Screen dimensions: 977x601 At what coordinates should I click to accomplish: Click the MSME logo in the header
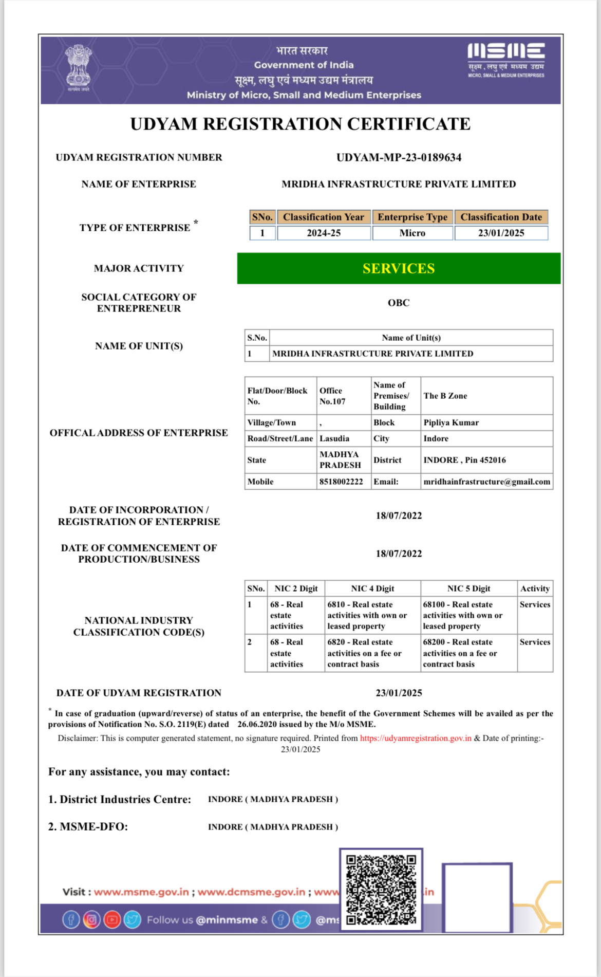point(506,60)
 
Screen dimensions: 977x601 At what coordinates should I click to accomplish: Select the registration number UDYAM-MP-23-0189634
point(399,158)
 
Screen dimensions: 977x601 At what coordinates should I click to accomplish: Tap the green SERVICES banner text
point(399,268)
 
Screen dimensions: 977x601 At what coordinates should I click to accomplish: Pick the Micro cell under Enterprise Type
point(412,233)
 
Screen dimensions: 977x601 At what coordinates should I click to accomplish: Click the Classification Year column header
point(324,217)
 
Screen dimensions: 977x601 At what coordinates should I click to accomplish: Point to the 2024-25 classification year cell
point(324,233)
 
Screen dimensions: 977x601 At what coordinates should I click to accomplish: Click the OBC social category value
point(399,303)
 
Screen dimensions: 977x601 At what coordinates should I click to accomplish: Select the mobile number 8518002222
point(341,482)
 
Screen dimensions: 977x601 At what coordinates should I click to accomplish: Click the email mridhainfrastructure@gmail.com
point(486,482)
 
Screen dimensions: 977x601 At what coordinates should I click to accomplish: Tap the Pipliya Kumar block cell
point(451,422)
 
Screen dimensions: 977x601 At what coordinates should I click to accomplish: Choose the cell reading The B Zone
point(445,396)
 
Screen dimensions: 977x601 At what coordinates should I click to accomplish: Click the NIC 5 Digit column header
point(468,588)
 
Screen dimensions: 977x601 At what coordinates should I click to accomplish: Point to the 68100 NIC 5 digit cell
point(462,615)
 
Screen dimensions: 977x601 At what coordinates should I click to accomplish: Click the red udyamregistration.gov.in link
point(416,738)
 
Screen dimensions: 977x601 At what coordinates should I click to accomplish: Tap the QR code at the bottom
point(381,889)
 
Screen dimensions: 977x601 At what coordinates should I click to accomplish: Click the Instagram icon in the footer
point(91,919)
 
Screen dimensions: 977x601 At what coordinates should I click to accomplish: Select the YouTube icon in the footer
point(112,919)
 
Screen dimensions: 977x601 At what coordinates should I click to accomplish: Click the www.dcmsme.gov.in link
point(251,892)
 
